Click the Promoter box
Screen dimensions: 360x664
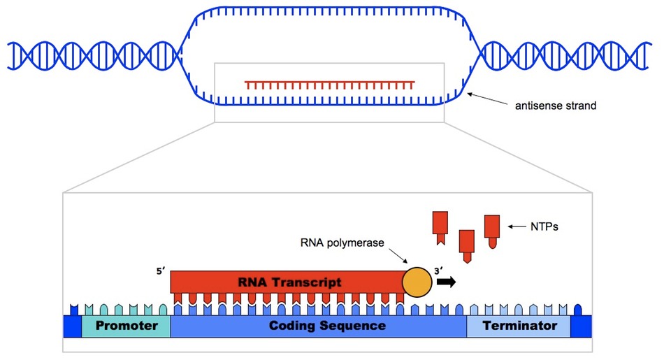pyautogui.click(x=126, y=326)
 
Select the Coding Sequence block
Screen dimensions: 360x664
pyautogui.click(x=318, y=326)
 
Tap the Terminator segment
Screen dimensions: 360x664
pyautogui.click(x=519, y=326)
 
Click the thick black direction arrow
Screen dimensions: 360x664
pyautogui.click(x=446, y=282)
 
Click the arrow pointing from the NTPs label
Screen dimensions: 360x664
pyautogui.click(x=518, y=226)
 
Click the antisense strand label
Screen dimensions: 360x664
pyautogui.click(x=555, y=107)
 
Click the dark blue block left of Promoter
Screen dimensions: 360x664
pyautogui.click(x=72, y=326)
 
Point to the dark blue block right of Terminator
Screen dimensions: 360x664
pyautogui.click(x=581, y=326)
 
